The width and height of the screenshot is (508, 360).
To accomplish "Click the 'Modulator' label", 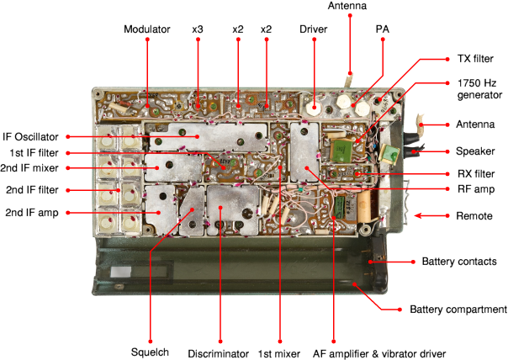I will click(x=146, y=29).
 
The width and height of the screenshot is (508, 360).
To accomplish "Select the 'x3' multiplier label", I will click(x=197, y=29).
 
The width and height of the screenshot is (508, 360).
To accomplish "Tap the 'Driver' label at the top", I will click(x=313, y=29).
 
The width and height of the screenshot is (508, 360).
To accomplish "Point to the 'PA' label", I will click(x=382, y=29).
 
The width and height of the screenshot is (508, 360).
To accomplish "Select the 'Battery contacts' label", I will click(x=458, y=262).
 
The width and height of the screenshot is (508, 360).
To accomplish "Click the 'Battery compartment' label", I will click(x=458, y=310).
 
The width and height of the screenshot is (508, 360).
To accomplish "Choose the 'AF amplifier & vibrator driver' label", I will click(x=378, y=352).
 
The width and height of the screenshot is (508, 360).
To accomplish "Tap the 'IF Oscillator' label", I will click(x=31, y=136).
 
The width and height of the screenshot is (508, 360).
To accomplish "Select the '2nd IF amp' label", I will click(x=31, y=211).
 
